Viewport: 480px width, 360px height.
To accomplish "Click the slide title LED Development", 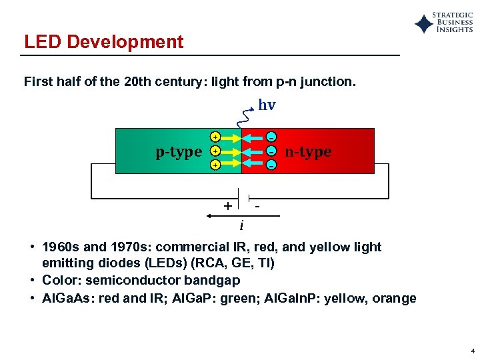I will (x=103, y=42).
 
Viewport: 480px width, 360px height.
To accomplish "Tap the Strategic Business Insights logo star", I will (x=423, y=25).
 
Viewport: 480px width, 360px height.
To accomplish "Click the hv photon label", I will (x=267, y=105).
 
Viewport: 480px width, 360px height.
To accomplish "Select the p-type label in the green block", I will (x=179, y=152).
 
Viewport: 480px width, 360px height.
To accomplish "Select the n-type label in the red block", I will (x=308, y=152).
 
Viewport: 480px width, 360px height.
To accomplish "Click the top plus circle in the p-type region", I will (x=215, y=137).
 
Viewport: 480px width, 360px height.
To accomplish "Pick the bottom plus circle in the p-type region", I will (x=215, y=164).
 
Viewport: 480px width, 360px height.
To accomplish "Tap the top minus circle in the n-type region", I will (x=271, y=137).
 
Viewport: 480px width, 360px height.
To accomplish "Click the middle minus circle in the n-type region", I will (x=271, y=151).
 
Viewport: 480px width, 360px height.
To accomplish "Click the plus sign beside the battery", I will (x=228, y=205).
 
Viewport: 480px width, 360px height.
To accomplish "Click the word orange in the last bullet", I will (x=395, y=298).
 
